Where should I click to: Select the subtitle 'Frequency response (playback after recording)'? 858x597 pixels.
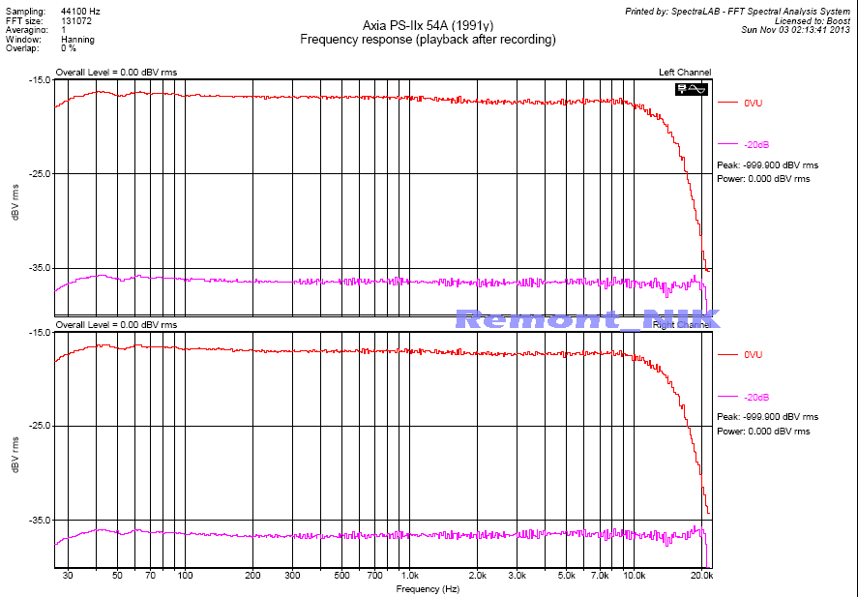[428, 40]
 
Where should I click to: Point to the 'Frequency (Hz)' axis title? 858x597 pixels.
[428, 588]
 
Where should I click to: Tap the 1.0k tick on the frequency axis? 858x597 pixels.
[409, 576]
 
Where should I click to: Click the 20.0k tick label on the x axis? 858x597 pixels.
[701, 576]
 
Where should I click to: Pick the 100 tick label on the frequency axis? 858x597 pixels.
[185, 576]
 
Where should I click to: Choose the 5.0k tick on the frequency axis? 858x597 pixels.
[566, 576]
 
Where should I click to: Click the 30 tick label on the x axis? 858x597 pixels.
[68, 576]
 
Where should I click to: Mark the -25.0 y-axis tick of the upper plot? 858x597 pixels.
[38, 174]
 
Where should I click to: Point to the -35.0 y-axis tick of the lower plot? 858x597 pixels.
[38, 521]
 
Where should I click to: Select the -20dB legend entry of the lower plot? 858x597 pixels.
[756, 398]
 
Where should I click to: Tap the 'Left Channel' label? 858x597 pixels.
[685, 73]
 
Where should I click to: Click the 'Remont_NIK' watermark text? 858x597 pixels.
[581, 318]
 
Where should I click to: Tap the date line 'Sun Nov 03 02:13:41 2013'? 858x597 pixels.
[795, 29]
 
